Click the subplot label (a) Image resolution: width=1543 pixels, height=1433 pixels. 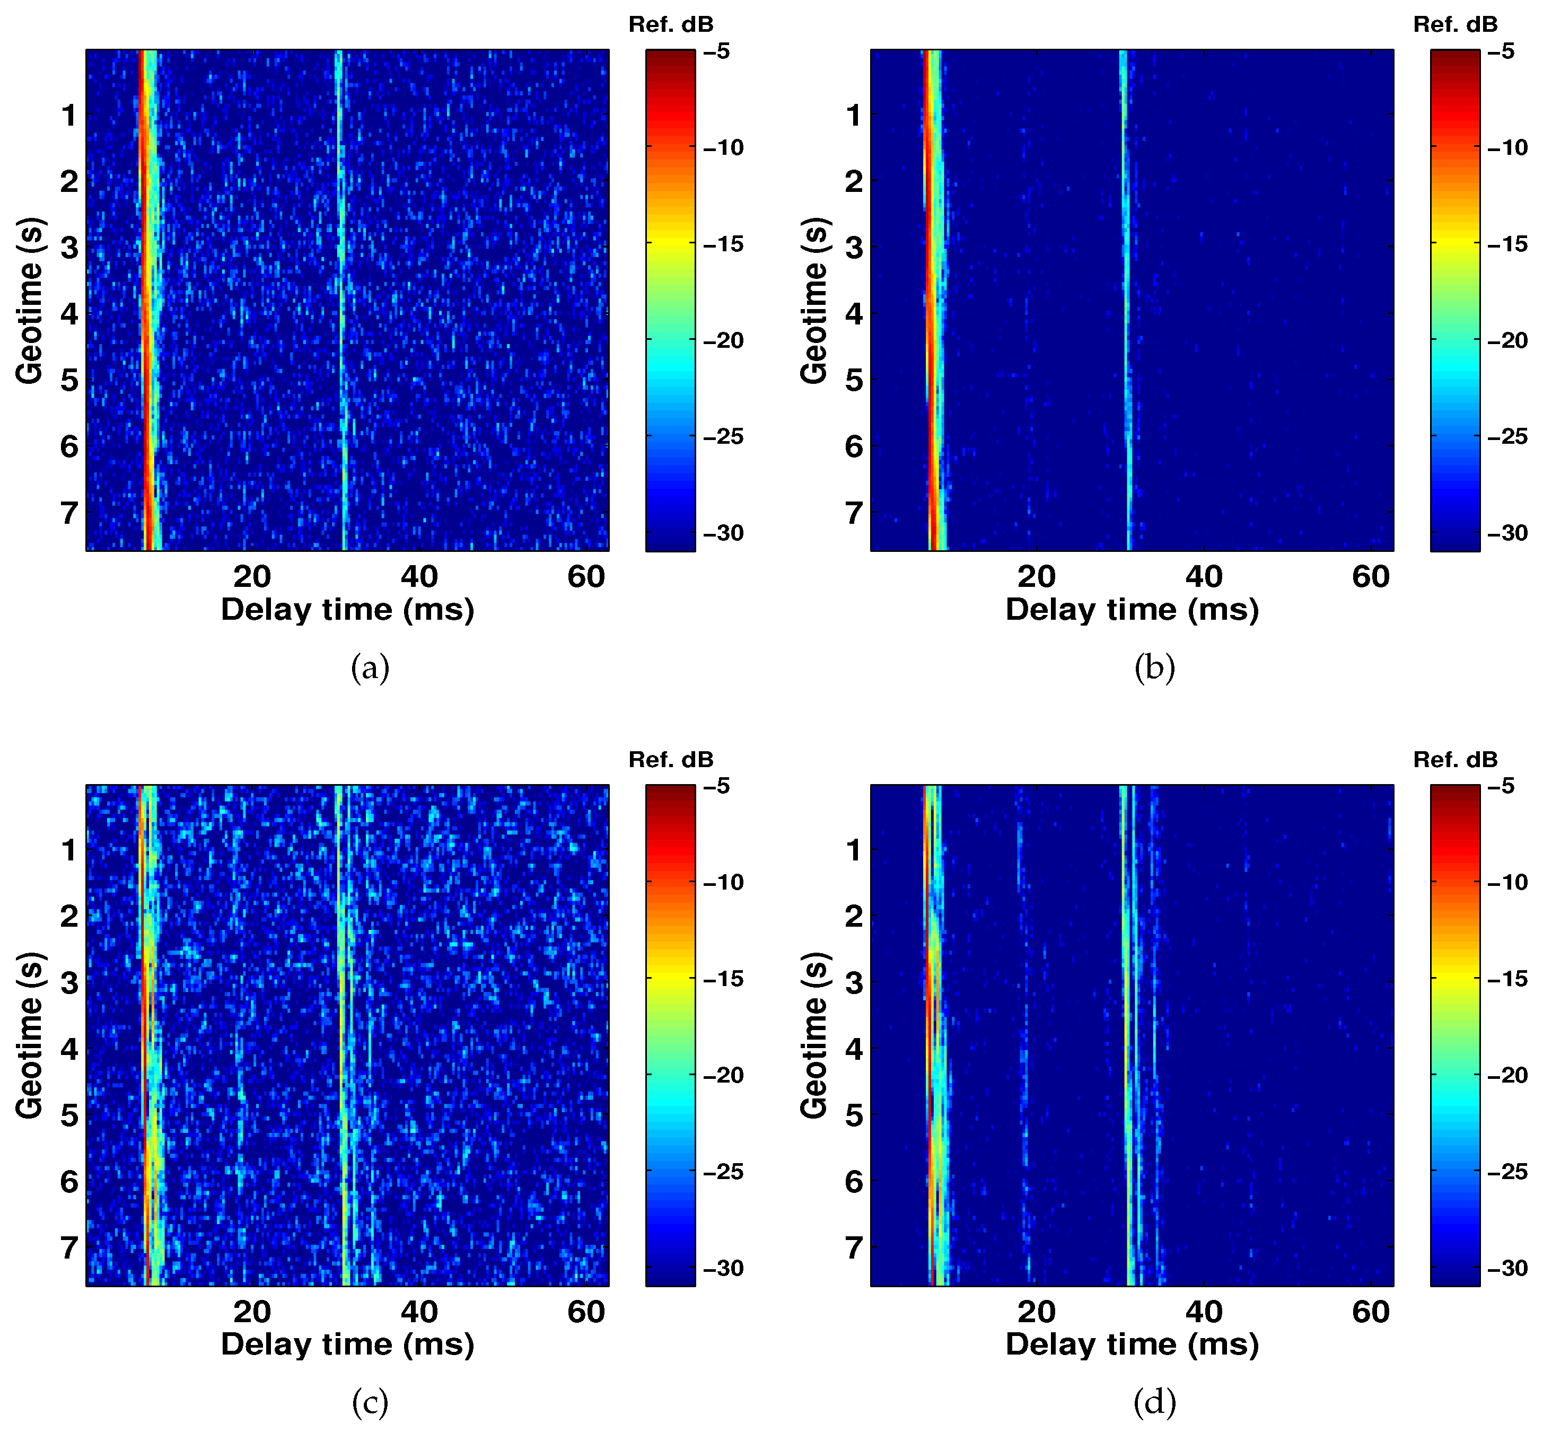(x=370, y=667)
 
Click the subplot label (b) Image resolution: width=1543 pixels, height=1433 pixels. (x=1154, y=667)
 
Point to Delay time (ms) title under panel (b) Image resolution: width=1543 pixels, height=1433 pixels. (x=1132, y=610)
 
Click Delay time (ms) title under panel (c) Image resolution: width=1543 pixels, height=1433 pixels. (x=347, y=1344)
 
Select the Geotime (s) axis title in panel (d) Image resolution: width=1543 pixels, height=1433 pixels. (x=814, y=1035)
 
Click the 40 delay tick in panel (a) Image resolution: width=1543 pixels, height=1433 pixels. (x=419, y=576)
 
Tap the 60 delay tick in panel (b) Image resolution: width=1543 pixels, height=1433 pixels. (x=1371, y=576)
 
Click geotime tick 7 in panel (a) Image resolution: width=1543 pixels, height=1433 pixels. (x=69, y=513)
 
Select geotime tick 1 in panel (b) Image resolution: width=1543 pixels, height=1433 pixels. (x=854, y=116)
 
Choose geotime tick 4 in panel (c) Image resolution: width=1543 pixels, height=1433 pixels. (x=69, y=1049)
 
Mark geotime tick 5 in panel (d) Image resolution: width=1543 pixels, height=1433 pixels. (x=854, y=1115)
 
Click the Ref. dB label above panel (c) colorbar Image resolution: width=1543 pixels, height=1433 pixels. (x=671, y=760)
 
